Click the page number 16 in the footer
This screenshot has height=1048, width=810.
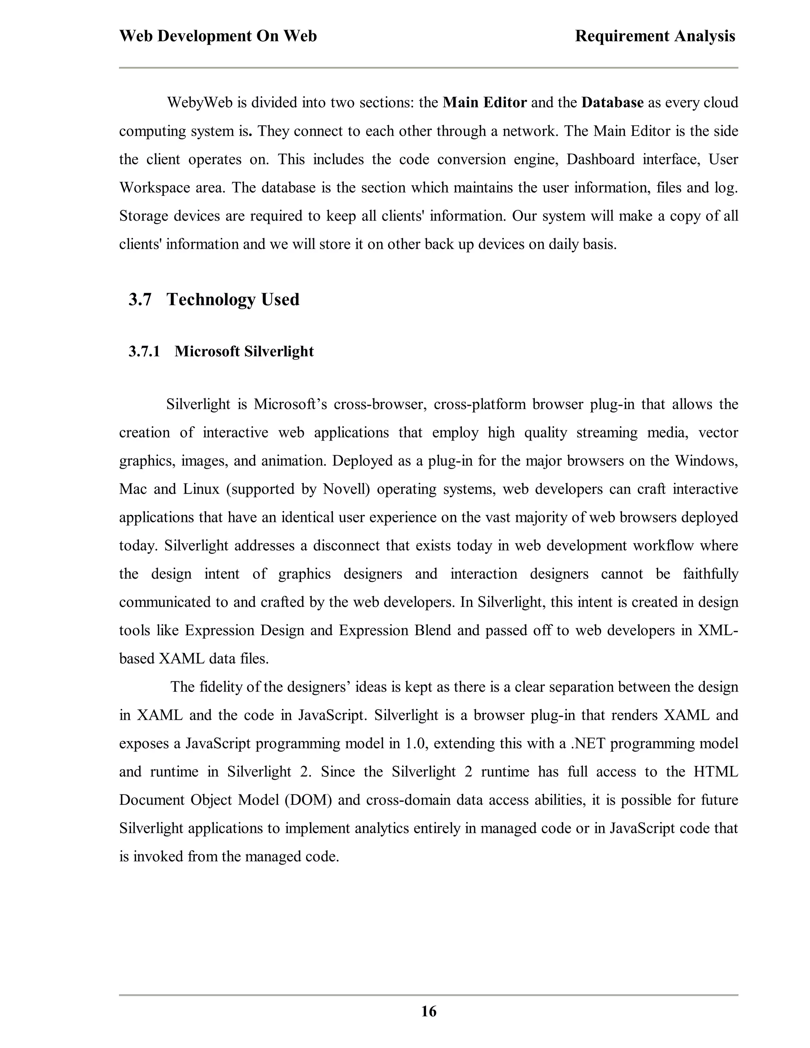coord(428,1012)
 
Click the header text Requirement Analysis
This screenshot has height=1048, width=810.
coord(655,36)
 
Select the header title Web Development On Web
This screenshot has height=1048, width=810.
coord(218,36)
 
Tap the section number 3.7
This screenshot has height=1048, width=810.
coord(140,299)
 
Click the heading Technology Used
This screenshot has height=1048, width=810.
coord(233,299)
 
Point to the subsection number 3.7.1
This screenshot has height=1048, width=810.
coord(144,351)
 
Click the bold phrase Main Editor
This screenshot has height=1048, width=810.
coord(484,103)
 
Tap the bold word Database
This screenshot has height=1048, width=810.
coord(612,103)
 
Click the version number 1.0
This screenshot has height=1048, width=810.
coord(415,744)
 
